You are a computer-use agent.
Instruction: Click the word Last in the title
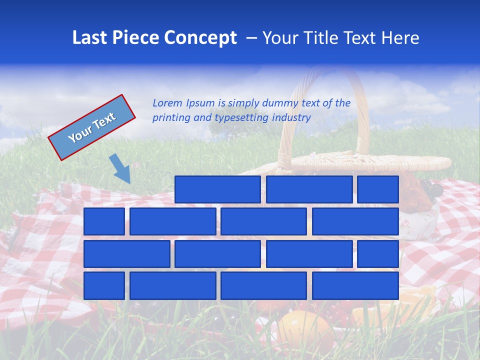88,38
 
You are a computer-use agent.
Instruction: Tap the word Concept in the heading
201,38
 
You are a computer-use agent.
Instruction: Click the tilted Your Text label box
92,127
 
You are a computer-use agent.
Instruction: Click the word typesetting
242,118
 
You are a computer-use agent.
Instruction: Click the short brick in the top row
377,189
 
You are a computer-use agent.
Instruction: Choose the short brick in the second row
104,221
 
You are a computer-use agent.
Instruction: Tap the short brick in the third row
377,253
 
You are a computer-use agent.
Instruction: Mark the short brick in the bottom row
104,285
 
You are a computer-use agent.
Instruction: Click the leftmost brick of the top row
217,189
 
